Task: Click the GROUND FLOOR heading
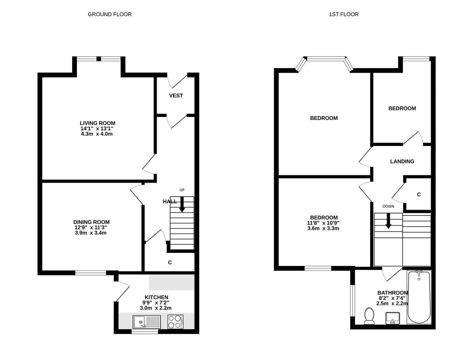click(x=110, y=14)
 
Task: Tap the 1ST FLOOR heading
click(x=344, y=14)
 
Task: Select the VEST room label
click(x=176, y=95)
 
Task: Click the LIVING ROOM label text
click(x=97, y=123)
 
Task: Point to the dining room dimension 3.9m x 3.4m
click(x=91, y=233)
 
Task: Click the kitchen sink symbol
click(x=147, y=322)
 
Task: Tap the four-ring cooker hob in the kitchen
click(x=176, y=322)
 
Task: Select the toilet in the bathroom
click(x=369, y=316)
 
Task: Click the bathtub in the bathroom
click(x=419, y=297)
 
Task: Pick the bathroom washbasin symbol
click(x=393, y=318)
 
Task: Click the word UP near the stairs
click(x=182, y=190)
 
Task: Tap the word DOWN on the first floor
click(x=388, y=206)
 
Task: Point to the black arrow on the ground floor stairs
click(x=182, y=204)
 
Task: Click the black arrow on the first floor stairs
click(x=388, y=221)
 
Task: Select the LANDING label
click(x=402, y=161)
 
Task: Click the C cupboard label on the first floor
click(x=419, y=194)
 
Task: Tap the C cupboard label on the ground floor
click(x=170, y=262)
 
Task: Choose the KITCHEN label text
click(x=157, y=297)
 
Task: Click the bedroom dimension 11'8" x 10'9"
click(x=323, y=223)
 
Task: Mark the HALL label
click(x=170, y=202)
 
